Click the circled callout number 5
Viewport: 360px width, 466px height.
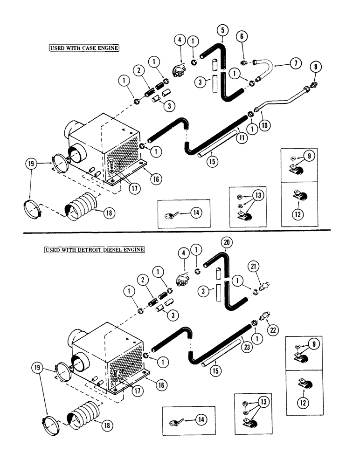[x=223, y=30]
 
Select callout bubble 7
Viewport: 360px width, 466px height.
[x=294, y=64]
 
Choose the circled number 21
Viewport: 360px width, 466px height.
[x=265, y=266]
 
